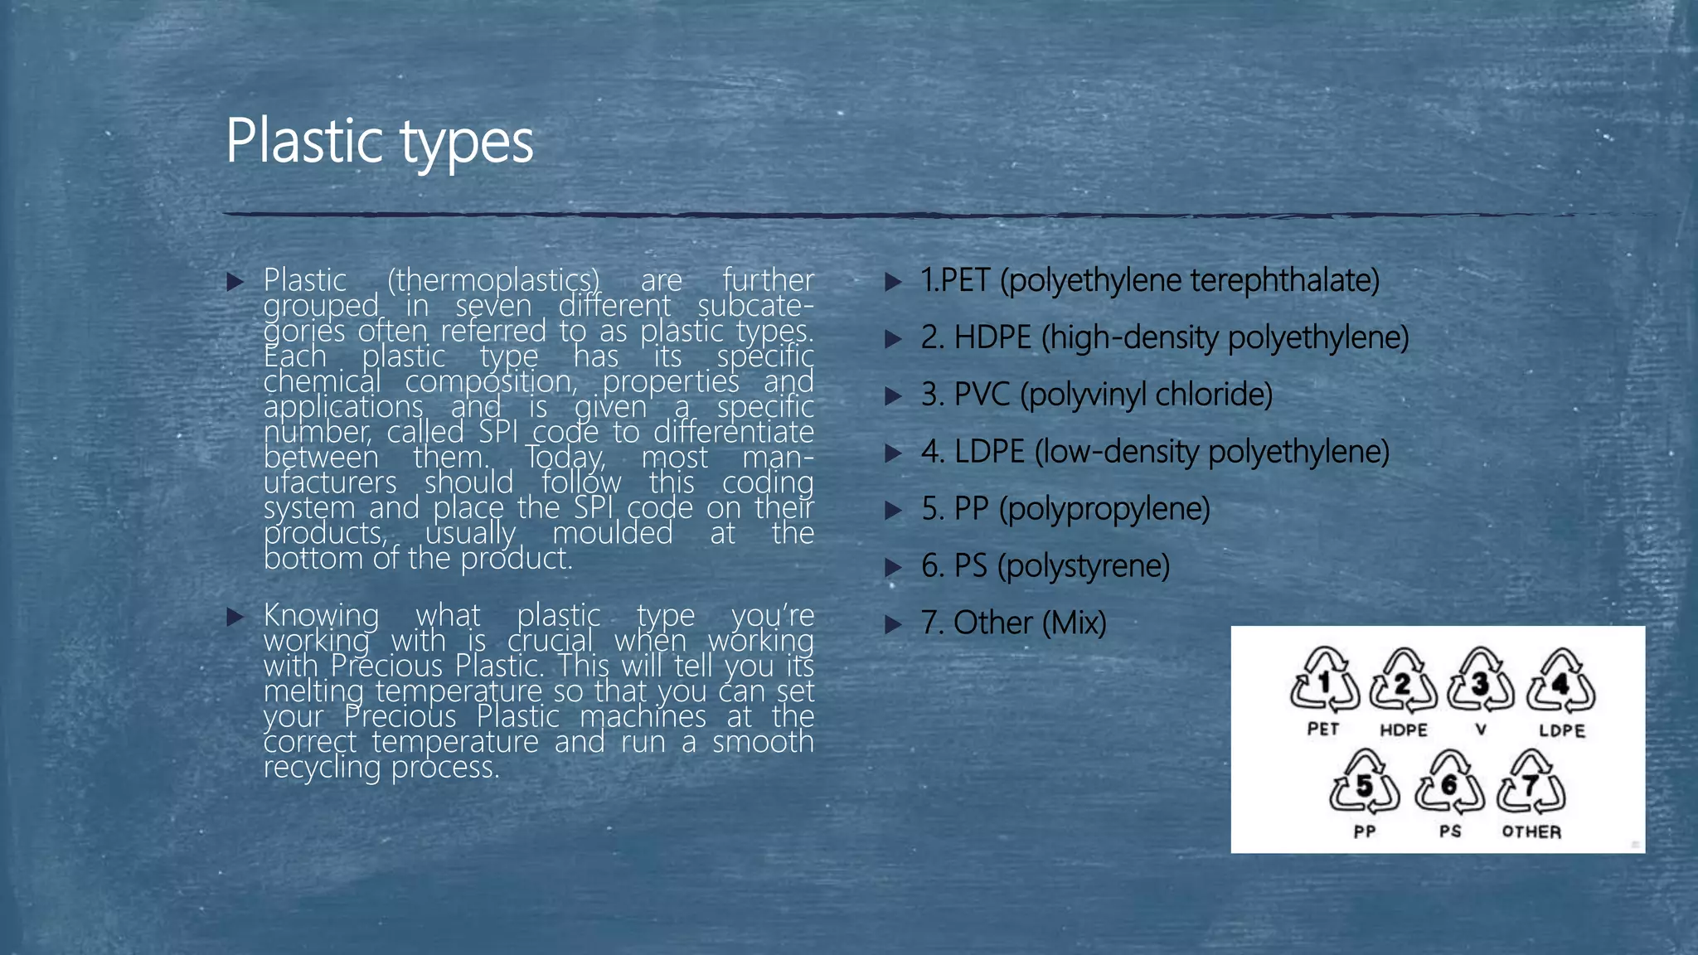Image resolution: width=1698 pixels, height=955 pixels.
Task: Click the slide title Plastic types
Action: (x=379, y=141)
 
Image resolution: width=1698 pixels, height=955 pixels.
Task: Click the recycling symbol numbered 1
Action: (x=1324, y=682)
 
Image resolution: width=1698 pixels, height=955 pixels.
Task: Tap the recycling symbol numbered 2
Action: (x=1403, y=682)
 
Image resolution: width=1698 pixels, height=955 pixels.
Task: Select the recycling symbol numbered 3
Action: (x=1481, y=682)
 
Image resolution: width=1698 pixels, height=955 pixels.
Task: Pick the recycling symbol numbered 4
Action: (x=1561, y=682)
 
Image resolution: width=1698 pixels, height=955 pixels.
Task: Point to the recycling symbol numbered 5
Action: (x=1364, y=783)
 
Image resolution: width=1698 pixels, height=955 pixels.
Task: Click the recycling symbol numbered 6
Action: (x=1449, y=783)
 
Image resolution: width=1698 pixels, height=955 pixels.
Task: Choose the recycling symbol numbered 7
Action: (x=1531, y=783)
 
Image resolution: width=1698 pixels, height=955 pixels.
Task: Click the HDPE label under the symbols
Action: (x=1403, y=730)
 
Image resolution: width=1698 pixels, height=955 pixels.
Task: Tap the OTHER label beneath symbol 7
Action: (x=1531, y=831)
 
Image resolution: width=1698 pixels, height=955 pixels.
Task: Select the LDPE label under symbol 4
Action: (x=1562, y=730)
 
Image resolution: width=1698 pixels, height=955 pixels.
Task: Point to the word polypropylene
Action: (x=1104, y=509)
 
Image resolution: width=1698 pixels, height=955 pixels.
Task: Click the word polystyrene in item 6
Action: (x=1084, y=566)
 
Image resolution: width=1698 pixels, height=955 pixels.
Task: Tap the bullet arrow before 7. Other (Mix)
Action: (x=893, y=624)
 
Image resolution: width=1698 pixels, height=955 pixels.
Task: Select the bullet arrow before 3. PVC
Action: (x=893, y=395)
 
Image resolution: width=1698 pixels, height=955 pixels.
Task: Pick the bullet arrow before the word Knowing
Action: (x=235, y=617)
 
